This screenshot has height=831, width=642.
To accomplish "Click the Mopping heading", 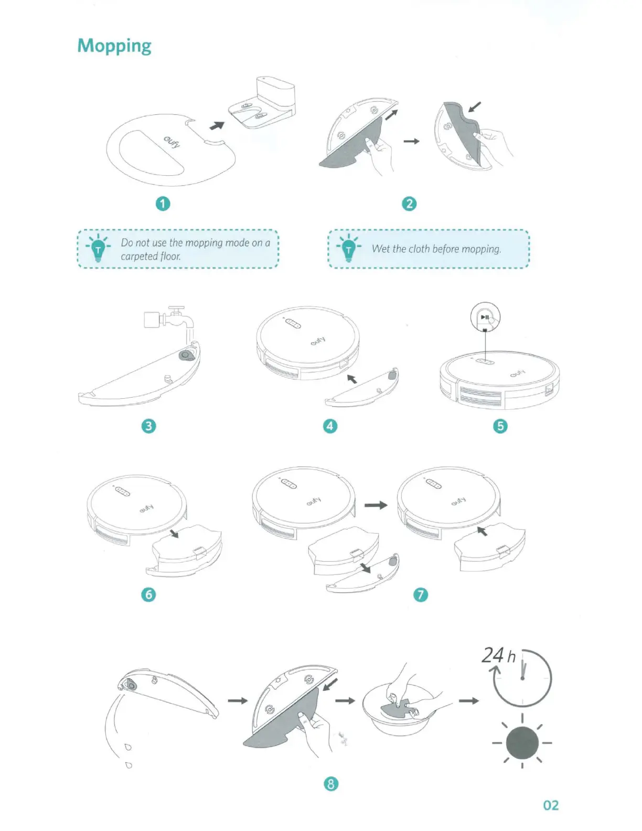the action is [x=114, y=46].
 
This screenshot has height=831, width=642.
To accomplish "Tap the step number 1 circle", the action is [x=163, y=204].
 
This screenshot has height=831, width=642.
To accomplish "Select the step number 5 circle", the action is [x=500, y=425].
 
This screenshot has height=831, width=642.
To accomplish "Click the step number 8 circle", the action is [x=330, y=784].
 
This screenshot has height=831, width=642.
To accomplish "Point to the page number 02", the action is [x=551, y=805].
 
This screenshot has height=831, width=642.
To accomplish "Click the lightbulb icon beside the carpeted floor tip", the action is [x=98, y=249].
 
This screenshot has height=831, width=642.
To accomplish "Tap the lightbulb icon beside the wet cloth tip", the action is [x=349, y=249].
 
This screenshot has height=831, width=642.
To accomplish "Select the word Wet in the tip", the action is [x=381, y=249].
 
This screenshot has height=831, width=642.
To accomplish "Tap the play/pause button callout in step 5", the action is [x=485, y=317].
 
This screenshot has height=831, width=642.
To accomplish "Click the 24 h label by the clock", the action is [x=498, y=656].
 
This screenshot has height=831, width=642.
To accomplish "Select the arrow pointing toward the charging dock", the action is [x=217, y=125].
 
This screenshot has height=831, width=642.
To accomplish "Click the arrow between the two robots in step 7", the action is [x=376, y=505].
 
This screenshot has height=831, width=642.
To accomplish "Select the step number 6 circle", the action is [x=149, y=594].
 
